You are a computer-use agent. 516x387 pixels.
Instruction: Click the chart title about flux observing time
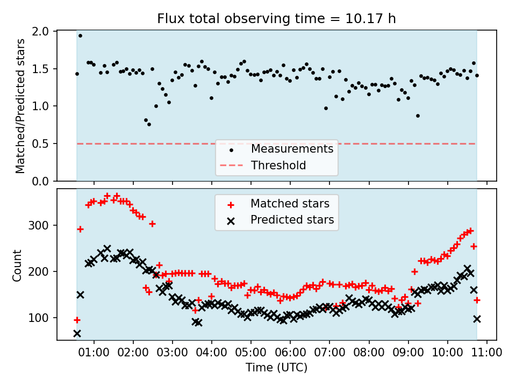click(276, 19)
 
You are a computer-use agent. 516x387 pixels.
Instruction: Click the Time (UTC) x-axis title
click(276, 368)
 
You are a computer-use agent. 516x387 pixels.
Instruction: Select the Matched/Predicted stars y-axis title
click(20, 106)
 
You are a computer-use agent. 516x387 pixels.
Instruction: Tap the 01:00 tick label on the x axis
click(94, 353)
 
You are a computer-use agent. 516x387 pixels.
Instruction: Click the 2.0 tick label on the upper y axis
click(41, 32)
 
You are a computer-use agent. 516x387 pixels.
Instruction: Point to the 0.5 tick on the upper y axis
click(41, 144)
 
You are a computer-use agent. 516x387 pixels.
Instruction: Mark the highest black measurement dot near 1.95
click(80, 36)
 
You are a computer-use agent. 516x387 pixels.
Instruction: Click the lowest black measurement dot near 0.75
click(149, 124)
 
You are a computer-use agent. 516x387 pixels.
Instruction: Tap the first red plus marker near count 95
click(77, 320)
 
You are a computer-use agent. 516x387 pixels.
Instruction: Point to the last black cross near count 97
click(477, 319)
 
